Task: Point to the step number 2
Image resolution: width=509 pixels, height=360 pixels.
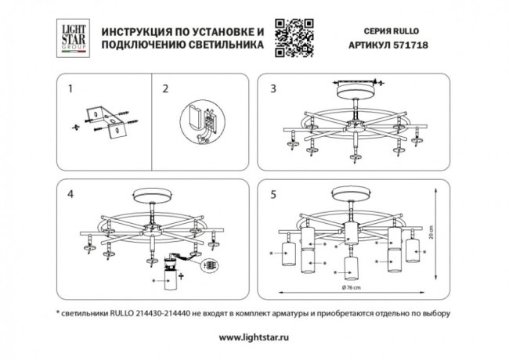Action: click(165, 88)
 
